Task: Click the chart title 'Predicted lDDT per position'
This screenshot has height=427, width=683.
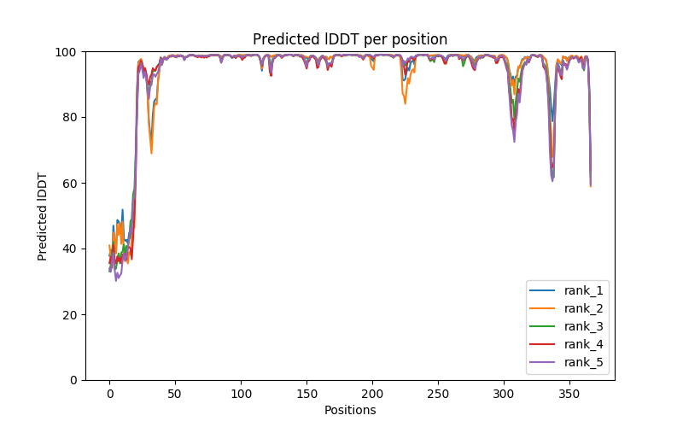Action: coord(350,39)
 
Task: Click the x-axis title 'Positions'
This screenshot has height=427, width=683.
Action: coord(350,410)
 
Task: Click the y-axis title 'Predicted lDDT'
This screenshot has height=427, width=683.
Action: coord(44,216)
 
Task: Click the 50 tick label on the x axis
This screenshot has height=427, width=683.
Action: coord(175,393)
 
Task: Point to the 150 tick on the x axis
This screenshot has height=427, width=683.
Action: coord(306,393)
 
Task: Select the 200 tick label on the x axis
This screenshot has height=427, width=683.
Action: coord(372,393)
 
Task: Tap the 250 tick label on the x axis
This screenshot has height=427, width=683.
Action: coord(438,393)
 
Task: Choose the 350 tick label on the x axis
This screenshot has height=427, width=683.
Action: coord(569,393)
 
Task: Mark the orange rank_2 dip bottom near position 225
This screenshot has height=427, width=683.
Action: coord(406,103)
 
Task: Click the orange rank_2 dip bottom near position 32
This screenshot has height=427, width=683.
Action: coord(151,153)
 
